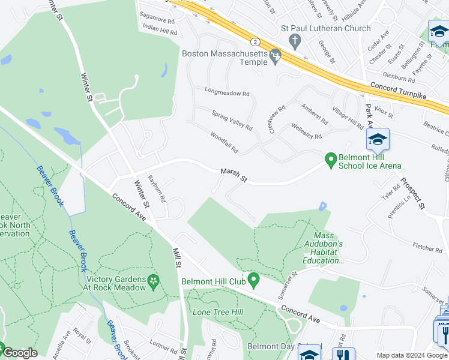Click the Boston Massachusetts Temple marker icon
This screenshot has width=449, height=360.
pyautogui.click(x=276, y=56)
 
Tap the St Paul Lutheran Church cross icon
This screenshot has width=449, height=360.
pyautogui.click(x=295, y=41)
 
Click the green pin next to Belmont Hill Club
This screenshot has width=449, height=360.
pyautogui.click(x=254, y=280)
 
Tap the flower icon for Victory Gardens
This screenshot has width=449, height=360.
pyautogui.click(x=154, y=281)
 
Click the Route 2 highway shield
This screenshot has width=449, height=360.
pyautogui.click(x=256, y=41)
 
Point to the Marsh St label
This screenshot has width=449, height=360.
pyautogui.click(x=234, y=175)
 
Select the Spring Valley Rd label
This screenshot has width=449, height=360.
pyautogui.click(x=232, y=120)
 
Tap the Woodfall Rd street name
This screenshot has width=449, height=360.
pyautogui.click(x=224, y=142)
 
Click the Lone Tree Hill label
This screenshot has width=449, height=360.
pyautogui.click(x=217, y=312)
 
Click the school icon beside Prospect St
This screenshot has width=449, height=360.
pyautogui.click(x=378, y=139)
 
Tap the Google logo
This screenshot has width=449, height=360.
pyautogui.click(x=19, y=353)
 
